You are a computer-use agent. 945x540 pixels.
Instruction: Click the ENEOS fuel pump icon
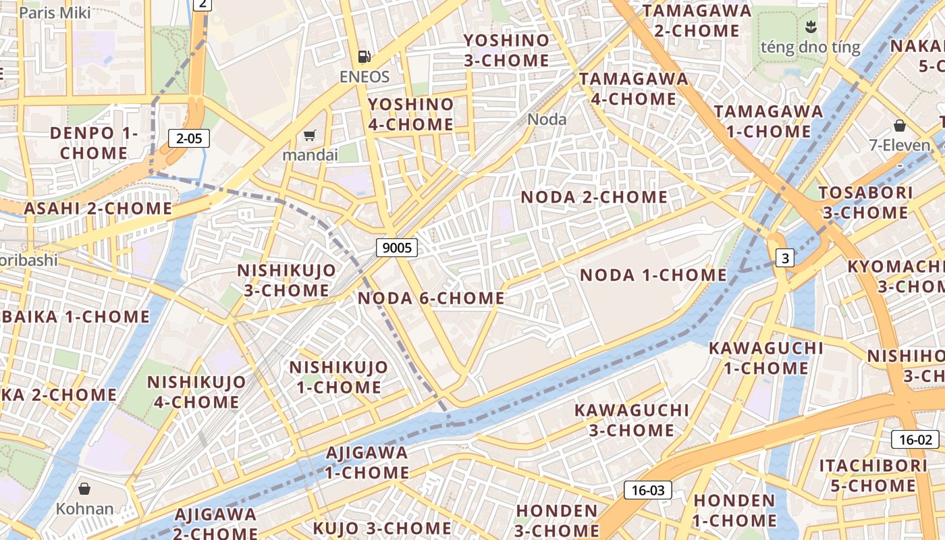[x=364, y=57]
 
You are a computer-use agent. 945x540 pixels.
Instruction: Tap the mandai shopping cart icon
[x=309, y=136]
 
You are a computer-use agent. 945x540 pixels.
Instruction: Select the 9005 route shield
[x=397, y=248]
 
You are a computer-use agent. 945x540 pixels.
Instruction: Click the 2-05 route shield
[x=189, y=139]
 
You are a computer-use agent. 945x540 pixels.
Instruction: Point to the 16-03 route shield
[x=647, y=490]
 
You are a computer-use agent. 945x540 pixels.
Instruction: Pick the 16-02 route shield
[x=915, y=440]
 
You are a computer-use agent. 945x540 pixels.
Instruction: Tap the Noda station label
[x=547, y=119]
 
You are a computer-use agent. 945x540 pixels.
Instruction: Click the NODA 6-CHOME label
[x=431, y=298]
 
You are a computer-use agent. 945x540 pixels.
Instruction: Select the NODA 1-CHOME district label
[x=653, y=275]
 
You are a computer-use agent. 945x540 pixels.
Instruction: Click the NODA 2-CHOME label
[x=594, y=197]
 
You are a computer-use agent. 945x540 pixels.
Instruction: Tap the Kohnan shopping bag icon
[x=84, y=488]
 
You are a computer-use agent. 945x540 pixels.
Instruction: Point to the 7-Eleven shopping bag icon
[x=899, y=126]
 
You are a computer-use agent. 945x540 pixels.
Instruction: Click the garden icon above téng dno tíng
[x=810, y=27]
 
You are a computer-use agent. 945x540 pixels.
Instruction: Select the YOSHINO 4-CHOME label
[x=410, y=114]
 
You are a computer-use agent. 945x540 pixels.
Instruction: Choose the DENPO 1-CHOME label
[x=94, y=143]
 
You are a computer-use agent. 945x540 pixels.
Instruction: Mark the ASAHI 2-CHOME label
[x=99, y=208]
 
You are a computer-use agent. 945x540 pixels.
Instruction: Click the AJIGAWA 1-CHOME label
[x=367, y=462]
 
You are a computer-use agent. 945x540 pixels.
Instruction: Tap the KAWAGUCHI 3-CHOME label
[x=631, y=420]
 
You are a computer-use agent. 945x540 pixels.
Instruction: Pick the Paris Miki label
[x=55, y=12]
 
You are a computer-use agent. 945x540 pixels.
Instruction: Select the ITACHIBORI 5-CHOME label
[x=873, y=475]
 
